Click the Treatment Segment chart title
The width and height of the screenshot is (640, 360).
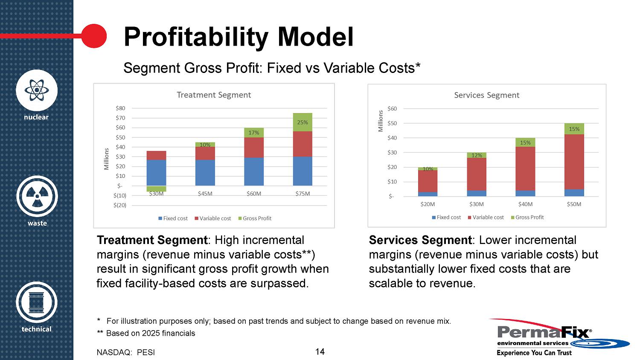(214, 95)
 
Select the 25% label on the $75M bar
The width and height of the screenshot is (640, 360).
(303, 122)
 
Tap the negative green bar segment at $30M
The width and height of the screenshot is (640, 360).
(156, 189)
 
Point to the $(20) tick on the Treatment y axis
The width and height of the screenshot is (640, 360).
(120, 205)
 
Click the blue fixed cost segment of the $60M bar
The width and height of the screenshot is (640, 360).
(254, 171)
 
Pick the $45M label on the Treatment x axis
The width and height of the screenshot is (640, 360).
(205, 194)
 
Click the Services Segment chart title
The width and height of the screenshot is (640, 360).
(486, 95)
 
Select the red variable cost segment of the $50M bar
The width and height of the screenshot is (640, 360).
(574, 162)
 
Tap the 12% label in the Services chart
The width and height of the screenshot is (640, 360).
(477, 155)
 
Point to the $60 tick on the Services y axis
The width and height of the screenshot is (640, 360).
(392, 109)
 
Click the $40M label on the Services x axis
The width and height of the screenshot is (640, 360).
(525, 204)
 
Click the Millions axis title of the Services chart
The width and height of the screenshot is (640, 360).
(381, 121)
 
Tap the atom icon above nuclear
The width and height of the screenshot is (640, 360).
(37, 90)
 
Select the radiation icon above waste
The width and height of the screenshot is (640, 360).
(37, 196)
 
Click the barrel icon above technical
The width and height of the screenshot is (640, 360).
(37, 302)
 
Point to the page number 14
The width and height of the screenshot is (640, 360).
(320, 351)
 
